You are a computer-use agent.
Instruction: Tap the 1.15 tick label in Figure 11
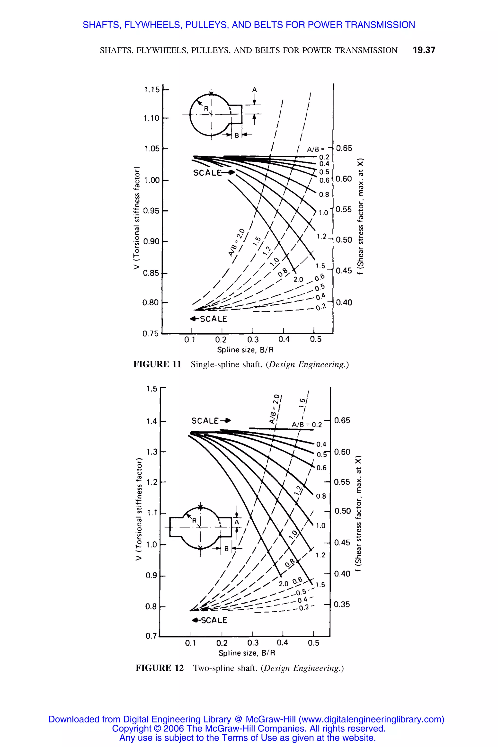152,90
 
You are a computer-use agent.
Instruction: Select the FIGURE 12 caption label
160,668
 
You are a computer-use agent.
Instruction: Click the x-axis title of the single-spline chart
245,350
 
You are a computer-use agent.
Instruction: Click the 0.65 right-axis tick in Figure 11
344,148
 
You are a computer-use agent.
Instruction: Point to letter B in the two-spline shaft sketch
226,549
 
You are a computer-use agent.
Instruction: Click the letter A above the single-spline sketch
254,90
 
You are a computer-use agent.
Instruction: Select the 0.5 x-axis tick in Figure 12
313,643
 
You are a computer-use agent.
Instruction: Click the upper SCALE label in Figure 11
207,173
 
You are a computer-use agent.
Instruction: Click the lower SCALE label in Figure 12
214,620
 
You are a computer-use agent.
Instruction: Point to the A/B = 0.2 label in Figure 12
307,425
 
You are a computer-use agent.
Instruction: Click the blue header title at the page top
249,25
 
